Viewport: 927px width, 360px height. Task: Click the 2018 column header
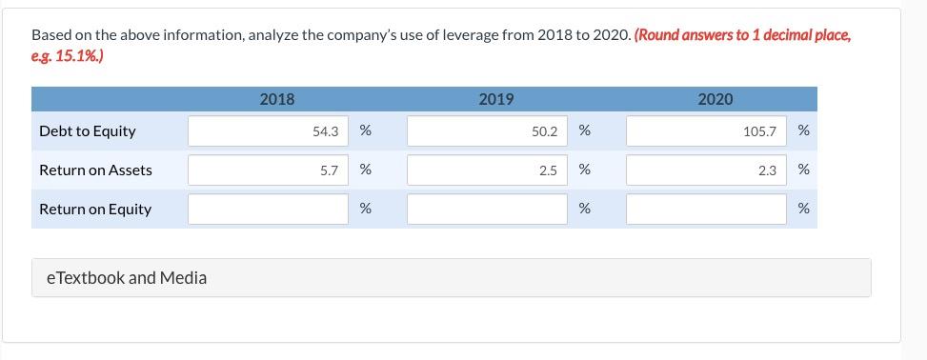pos(277,99)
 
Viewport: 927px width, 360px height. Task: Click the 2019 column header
pos(496,99)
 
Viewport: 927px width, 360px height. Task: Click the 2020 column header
pos(715,99)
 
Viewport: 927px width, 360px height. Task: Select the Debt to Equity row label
pos(88,131)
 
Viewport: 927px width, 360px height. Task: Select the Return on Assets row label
pos(95,170)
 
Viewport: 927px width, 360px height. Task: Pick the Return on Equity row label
pos(95,210)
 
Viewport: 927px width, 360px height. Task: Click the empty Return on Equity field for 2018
pos(269,210)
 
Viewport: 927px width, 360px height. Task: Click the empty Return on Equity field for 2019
pos(488,210)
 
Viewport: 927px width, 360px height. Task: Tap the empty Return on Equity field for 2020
pos(707,210)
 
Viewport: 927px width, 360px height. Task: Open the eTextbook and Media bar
pos(452,278)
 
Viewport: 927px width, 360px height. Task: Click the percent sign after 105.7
pos(803,131)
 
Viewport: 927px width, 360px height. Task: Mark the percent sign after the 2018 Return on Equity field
pos(365,210)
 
